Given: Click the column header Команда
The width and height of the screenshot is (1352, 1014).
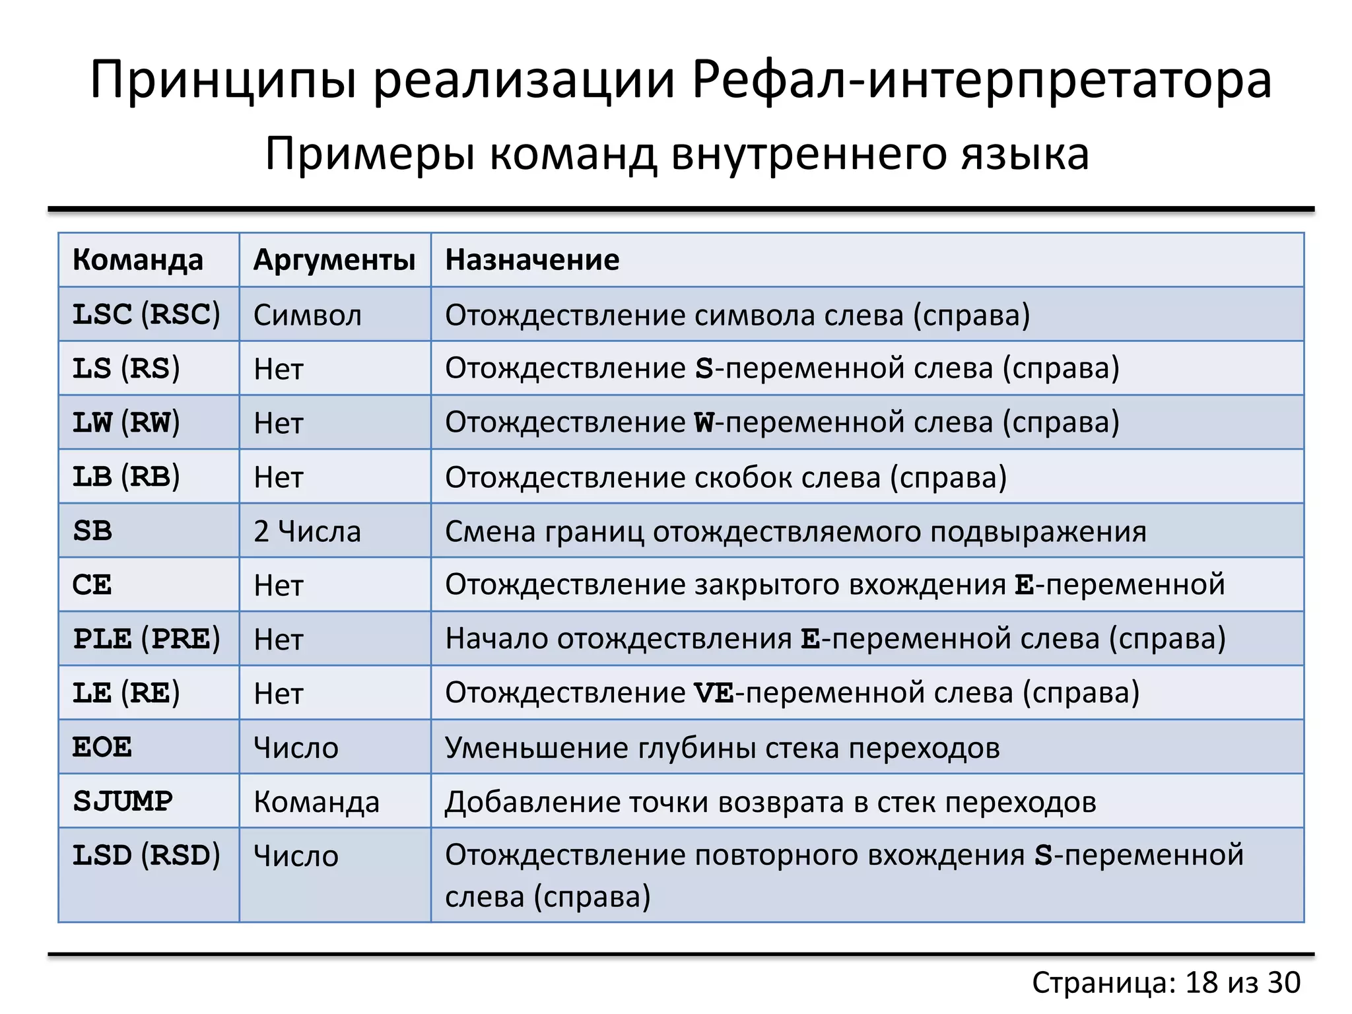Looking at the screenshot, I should [137, 260].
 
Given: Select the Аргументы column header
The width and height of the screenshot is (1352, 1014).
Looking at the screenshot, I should [334, 260].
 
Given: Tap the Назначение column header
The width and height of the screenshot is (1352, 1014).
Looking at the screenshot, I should [532, 260].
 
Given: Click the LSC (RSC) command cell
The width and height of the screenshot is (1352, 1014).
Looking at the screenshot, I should [146, 314].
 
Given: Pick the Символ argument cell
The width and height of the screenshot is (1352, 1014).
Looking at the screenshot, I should [308, 316].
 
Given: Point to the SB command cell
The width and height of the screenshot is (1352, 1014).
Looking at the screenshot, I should [92, 531].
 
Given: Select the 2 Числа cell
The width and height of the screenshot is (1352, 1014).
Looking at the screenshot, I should [308, 531].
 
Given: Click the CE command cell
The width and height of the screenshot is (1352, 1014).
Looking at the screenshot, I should [92, 585].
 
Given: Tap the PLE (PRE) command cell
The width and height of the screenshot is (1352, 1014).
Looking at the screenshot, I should [146, 639].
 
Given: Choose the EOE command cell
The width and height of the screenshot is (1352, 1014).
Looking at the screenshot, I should [102, 747].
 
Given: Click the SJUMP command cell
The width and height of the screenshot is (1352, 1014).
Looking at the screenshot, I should [123, 801].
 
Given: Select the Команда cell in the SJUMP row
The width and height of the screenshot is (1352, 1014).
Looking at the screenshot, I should [317, 802].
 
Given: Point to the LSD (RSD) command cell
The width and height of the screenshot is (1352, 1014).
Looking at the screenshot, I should [146, 856].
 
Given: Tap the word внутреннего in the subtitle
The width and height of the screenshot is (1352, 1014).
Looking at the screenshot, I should [809, 154].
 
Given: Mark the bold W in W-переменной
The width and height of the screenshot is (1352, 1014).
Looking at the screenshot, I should [704, 422].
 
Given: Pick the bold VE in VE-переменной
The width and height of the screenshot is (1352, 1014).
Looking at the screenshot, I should [714, 693].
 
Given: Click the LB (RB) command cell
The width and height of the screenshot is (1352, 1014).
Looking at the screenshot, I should [125, 477].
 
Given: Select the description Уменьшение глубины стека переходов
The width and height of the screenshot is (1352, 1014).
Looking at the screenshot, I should [722, 748].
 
